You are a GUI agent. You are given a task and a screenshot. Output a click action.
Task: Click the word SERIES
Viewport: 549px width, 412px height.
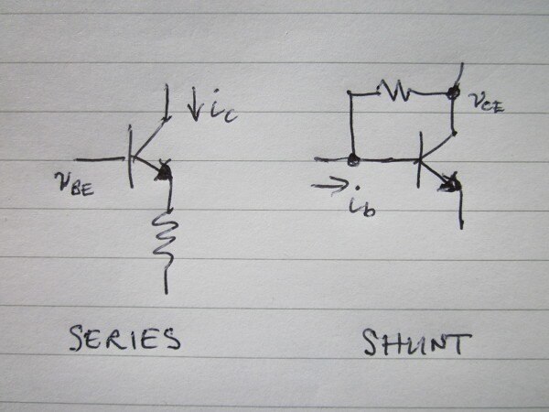[x=125, y=340]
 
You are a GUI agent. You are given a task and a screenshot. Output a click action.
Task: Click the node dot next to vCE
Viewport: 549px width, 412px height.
[x=452, y=92]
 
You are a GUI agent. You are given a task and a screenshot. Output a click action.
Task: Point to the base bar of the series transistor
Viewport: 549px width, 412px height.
[x=129, y=156]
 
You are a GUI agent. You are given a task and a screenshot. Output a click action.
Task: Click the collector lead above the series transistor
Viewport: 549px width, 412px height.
[x=167, y=105]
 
